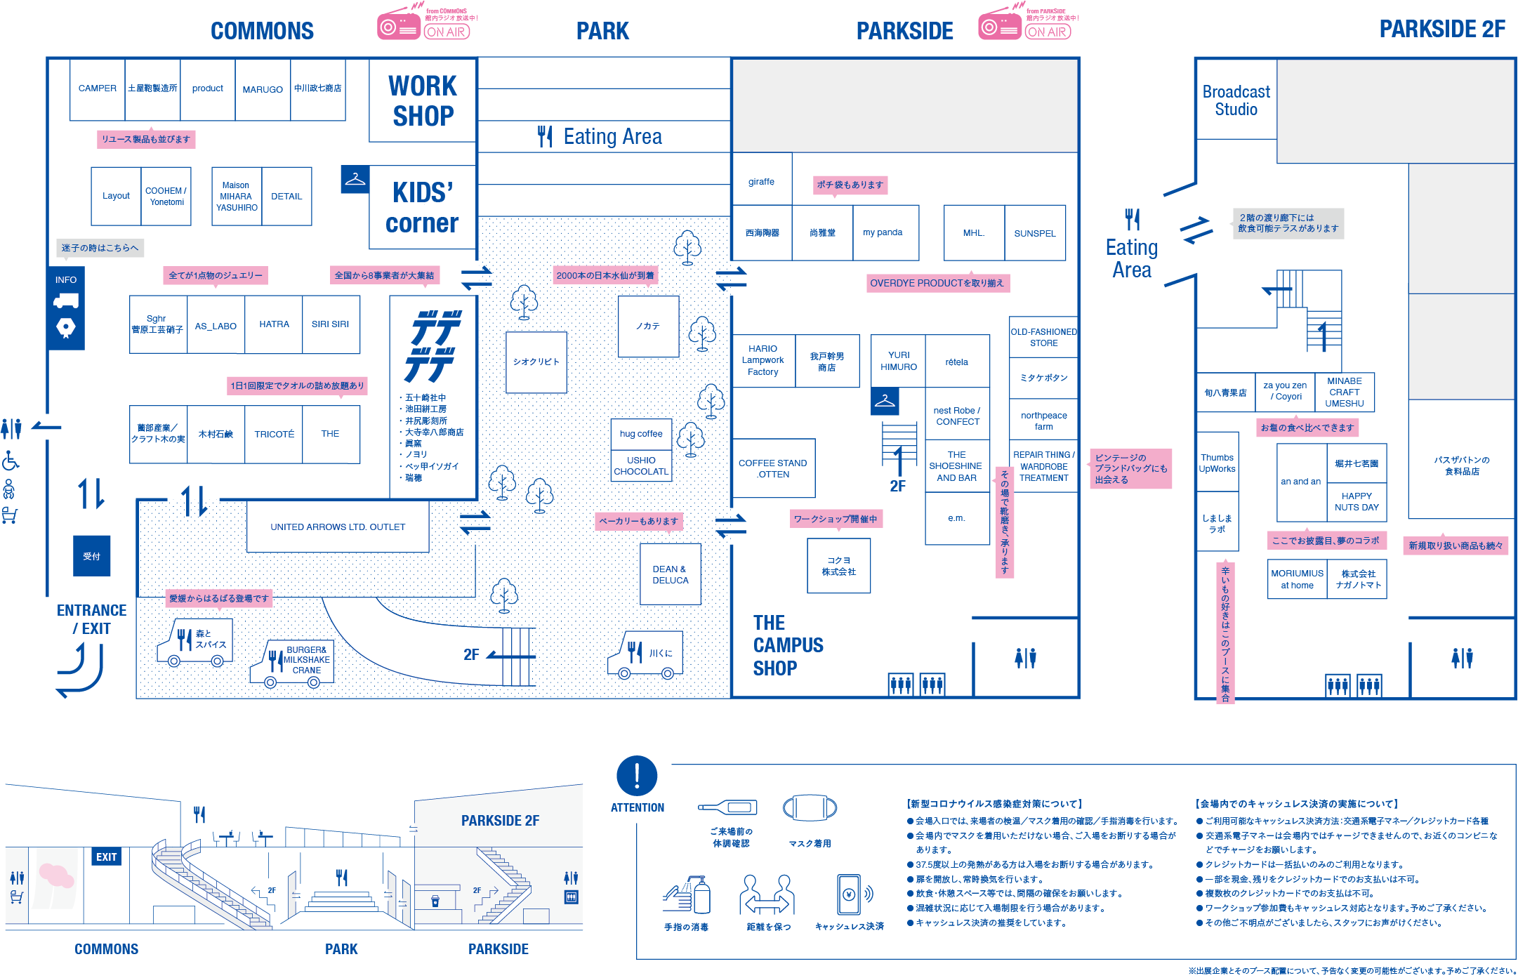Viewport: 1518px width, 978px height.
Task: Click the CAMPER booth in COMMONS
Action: tap(98, 89)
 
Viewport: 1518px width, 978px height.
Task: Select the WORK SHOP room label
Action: tap(423, 100)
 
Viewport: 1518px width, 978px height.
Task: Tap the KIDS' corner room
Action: tap(422, 207)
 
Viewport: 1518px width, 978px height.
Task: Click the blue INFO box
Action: tap(66, 308)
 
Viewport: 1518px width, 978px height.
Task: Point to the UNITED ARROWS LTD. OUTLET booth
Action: tap(338, 527)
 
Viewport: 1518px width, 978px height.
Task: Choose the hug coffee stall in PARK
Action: tap(641, 434)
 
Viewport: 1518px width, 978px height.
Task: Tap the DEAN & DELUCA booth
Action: tap(671, 574)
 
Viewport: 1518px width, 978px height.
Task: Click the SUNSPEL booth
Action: tap(1035, 233)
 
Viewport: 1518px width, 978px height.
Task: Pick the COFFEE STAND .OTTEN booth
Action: tap(773, 468)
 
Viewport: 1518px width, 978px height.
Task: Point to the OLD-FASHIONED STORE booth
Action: tap(1043, 337)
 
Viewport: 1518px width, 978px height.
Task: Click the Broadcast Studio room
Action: tap(1236, 100)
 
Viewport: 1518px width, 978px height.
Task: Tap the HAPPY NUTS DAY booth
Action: tap(1357, 501)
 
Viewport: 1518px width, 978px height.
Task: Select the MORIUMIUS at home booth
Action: tap(1297, 579)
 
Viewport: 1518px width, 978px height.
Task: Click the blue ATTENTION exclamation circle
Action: tap(637, 776)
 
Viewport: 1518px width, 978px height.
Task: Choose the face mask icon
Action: tap(810, 808)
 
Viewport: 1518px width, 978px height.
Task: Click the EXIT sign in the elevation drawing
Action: tap(106, 857)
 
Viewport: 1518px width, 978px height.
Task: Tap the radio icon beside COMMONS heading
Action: tap(399, 27)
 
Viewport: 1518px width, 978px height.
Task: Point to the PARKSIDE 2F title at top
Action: tap(1442, 29)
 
